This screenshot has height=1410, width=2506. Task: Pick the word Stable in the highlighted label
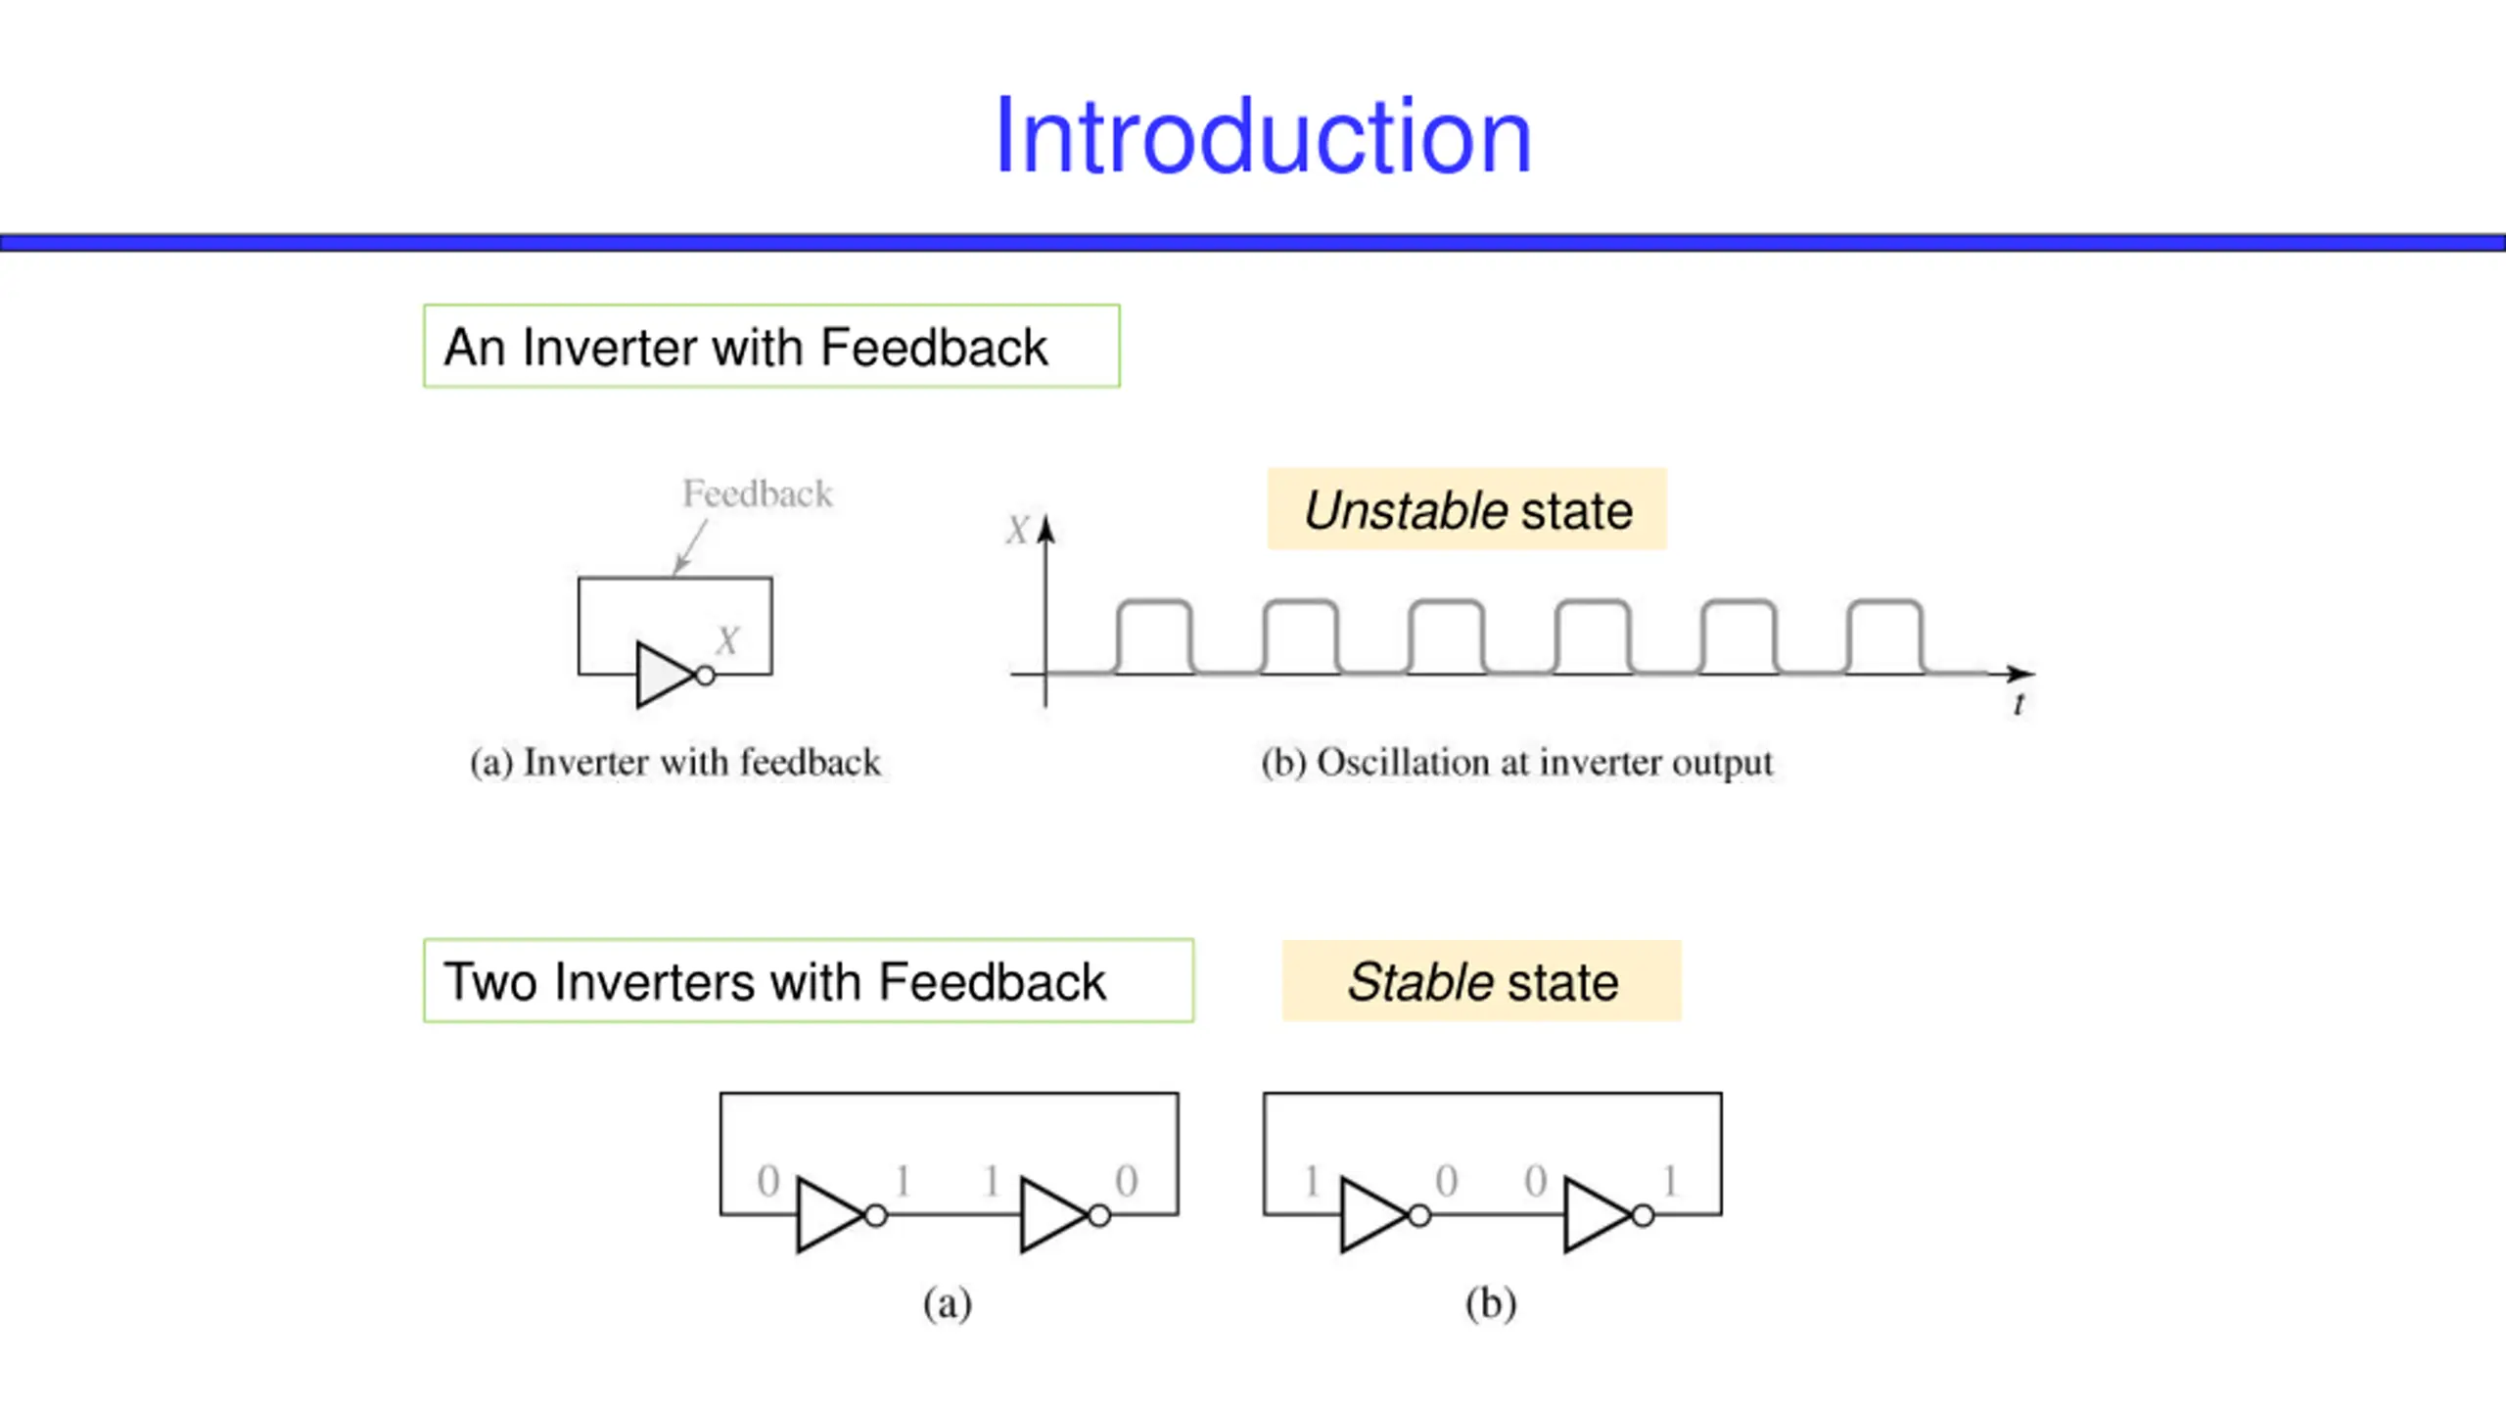click(x=1419, y=982)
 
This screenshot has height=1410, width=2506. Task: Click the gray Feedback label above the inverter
click(x=758, y=493)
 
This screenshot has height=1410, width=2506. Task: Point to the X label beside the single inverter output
click(x=726, y=641)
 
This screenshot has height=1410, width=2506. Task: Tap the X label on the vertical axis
click(x=1017, y=531)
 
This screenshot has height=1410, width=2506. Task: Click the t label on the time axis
click(x=2019, y=704)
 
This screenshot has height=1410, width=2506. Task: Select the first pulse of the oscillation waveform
click(x=1155, y=636)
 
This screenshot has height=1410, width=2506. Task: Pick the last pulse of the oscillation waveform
click(x=1885, y=636)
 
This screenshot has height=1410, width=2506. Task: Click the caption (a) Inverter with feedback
click(x=675, y=763)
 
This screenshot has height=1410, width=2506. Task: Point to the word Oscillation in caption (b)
click(x=1404, y=763)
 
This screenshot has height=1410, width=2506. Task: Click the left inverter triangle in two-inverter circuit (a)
click(x=830, y=1215)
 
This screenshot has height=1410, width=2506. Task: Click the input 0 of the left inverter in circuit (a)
click(x=768, y=1181)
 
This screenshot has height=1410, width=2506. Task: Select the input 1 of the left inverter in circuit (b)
click(x=1312, y=1181)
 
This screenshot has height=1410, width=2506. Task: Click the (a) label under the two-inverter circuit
click(x=948, y=1304)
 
